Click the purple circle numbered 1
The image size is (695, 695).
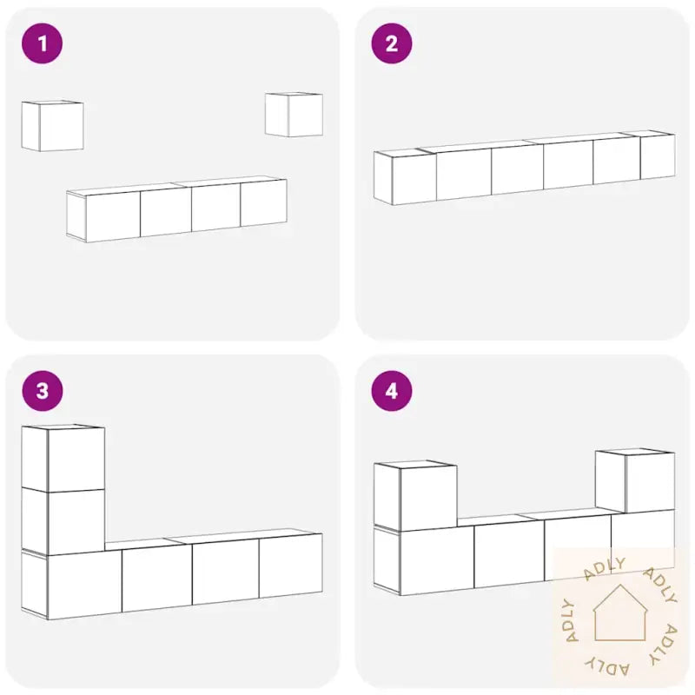[x=42, y=43]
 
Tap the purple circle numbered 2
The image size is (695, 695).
[x=392, y=43]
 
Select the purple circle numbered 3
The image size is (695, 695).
[x=42, y=391]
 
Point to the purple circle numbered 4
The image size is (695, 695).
[x=392, y=391]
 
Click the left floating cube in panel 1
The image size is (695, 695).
[x=52, y=126]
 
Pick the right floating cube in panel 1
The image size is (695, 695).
[x=294, y=115]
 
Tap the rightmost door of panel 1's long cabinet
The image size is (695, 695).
[x=264, y=203]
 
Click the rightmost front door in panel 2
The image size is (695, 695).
[x=658, y=156]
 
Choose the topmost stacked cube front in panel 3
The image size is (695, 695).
[x=76, y=460]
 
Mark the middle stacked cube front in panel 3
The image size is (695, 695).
[x=76, y=522]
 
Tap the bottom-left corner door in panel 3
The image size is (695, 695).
[x=84, y=585]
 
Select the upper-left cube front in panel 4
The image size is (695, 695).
[x=428, y=498]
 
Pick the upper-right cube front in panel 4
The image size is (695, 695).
[x=650, y=482]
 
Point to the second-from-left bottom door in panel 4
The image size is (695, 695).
[x=509, y=554]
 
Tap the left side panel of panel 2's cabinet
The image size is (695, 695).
[x=383, y=178]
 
